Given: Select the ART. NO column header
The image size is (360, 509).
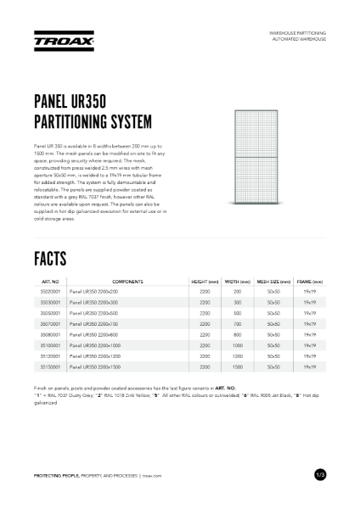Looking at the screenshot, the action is tap(50, 281).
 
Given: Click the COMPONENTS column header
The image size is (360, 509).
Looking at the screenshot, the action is tap(127, 281).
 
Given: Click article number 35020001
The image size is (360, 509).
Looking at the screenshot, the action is tap(50, 291).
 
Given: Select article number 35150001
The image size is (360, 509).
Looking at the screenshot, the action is tap(50, 366).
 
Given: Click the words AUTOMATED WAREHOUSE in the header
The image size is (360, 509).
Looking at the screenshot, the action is tap(298, 40).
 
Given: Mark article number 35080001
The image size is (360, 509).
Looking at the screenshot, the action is tap(50, 334).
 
